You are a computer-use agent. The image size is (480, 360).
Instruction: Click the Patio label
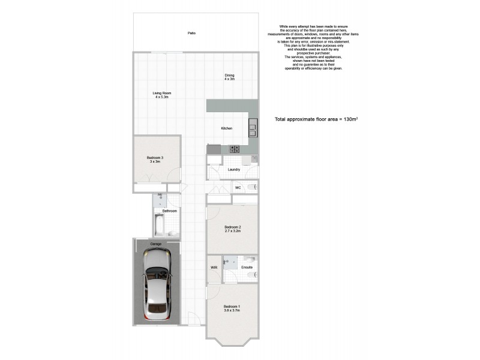[x=191, y=33]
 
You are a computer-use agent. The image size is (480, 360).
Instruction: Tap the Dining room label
[x=229, y=75]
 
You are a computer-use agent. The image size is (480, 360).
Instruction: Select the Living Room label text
[x=162, y=93]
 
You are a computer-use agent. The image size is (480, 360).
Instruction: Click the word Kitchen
[x=227, y=128]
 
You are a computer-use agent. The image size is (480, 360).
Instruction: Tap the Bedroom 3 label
[x=155, y=158]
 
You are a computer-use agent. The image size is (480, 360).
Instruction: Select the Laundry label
[x=234, y=169]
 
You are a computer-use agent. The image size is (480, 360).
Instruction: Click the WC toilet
[x=254, y=188]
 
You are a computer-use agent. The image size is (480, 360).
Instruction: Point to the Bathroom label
[x=170, y=211]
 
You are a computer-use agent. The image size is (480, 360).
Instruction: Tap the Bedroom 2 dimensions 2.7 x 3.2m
[x=232, y=231]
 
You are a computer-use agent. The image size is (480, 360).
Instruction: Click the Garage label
[x=156, y=244]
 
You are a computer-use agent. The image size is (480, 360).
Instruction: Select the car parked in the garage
[x=157, y=285]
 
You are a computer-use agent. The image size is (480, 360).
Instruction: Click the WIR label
[x=214, y=267]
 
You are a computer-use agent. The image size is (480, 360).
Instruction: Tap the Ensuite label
[x=247, y=267]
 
